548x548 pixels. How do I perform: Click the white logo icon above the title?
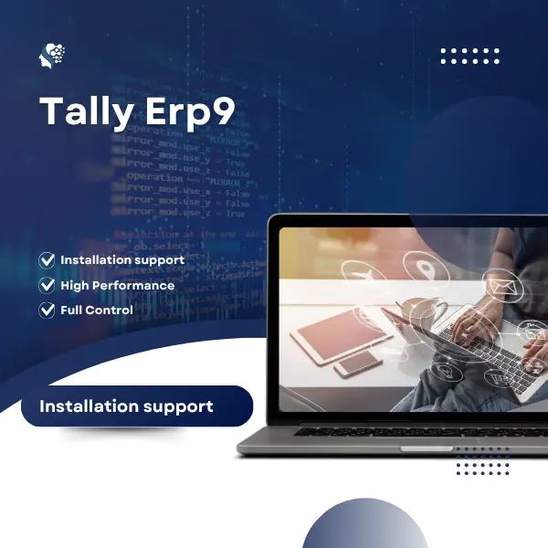point(53,57)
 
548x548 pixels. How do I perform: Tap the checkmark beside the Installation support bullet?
point(47,260)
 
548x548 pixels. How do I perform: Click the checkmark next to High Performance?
point(47,285)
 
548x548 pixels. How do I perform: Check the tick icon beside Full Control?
point(47,311)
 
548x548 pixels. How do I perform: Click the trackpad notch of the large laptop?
point(426,448)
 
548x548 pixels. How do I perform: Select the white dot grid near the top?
point(469,56)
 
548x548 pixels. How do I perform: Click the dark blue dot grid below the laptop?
point(483,460)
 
